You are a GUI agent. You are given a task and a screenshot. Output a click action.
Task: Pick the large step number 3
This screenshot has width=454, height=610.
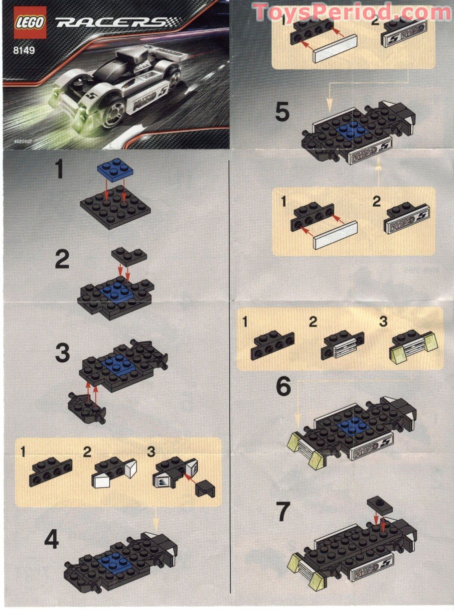point(63,353)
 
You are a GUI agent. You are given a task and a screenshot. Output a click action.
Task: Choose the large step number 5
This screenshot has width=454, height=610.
point(282,112)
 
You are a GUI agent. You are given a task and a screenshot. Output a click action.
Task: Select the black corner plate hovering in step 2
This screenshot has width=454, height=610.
point(129,256)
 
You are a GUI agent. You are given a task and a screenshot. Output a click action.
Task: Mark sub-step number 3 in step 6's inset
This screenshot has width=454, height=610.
point(383,321)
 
